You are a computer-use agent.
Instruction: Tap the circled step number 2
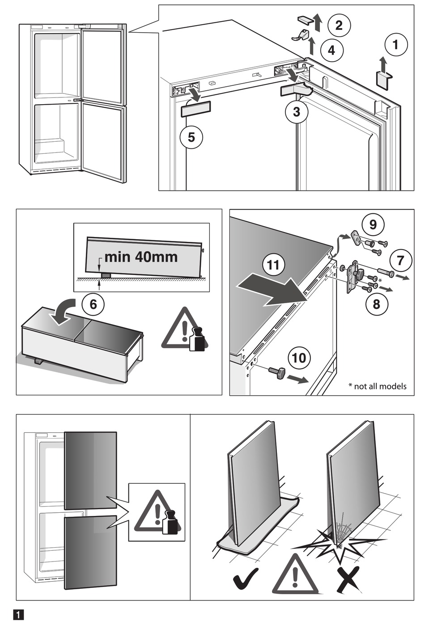tap(339, 25)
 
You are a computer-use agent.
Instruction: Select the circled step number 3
tap(296, 112)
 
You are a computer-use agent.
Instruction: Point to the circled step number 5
tap(191, 137)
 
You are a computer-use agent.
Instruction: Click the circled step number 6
tap(93, 304)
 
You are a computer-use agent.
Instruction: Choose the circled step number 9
tap(373, 224)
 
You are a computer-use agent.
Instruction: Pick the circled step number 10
tap(299, 358)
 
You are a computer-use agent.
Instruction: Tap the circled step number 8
tap(376, 304)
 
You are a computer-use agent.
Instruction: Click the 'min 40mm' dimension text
tap(141, 257)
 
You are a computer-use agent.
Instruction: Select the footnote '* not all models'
tap(377, 386)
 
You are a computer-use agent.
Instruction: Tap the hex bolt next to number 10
tap(277, 372)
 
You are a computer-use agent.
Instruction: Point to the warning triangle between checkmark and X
tap(295, 576)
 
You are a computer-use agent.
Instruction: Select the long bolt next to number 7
tap(385, 272)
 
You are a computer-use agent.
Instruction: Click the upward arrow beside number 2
tap(317, 22)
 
